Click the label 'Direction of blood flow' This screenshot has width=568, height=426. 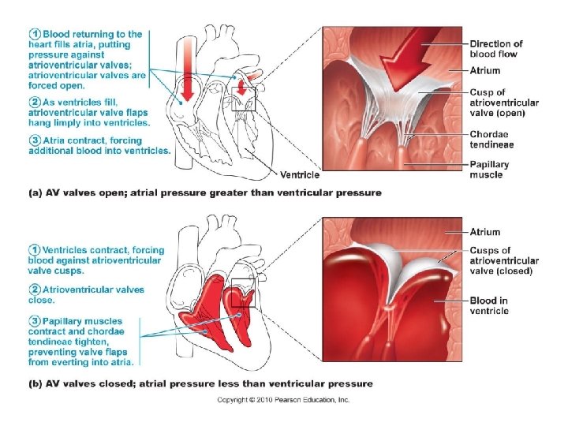pos(496,49)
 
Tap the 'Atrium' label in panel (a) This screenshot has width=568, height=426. pos(484,70)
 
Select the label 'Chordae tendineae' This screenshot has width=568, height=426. pos(491,140)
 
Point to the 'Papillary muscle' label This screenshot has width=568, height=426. pos(489,170)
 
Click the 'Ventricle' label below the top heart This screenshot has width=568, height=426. pos(300,175)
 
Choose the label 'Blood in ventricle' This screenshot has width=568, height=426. pos(489,305)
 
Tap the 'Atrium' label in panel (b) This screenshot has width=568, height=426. pos(484,232)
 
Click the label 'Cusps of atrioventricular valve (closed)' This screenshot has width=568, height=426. pos(504,260)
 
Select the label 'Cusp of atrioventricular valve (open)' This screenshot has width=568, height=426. pos(504,103)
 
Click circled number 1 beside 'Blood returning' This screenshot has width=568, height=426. pos(35,34)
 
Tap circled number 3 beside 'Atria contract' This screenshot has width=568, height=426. pos(35,140)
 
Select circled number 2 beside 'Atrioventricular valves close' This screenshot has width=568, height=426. pos(35,290)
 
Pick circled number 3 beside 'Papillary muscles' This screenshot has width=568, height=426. pos(35,321)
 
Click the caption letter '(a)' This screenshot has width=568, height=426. pos(35,192)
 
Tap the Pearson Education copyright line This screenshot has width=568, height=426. pos(283,400)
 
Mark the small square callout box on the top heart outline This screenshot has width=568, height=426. pos(244,99)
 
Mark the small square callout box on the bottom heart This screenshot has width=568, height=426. pos(243,293)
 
